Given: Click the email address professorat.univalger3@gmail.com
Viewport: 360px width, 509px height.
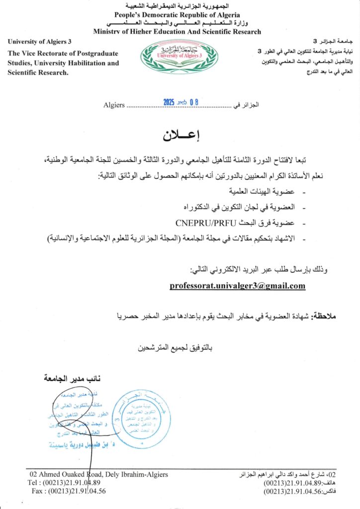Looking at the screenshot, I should tap(237, 286).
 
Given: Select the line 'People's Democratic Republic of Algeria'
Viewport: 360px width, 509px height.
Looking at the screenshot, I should tap(177, 15).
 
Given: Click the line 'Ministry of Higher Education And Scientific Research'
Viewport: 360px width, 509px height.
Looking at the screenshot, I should tap(177, 32).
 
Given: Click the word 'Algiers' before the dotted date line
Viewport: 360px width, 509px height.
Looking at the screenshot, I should tap(114, 105).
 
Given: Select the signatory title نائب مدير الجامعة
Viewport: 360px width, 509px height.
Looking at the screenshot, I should tap(72, 379).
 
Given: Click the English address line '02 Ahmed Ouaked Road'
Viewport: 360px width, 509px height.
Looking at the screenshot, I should tap(98, 474).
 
